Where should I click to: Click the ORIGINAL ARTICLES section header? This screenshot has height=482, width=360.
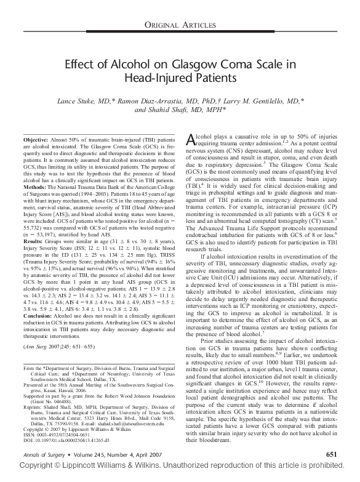180,24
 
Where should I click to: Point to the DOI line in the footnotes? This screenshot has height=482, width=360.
59,441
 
